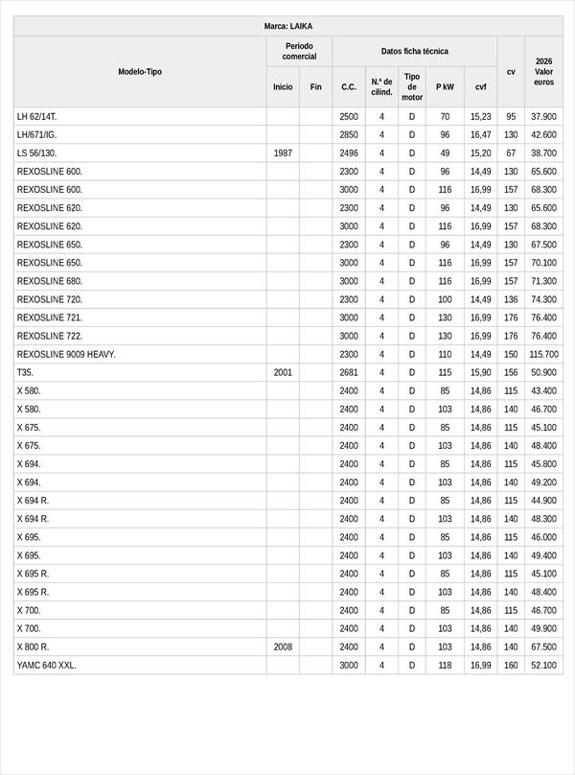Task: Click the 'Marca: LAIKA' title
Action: coord(287,26)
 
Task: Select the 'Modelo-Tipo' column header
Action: coord(140,72)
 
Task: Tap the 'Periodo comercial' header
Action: coord(299,51)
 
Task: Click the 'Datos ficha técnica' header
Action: coord(414,51)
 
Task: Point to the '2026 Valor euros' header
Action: coord(543,72)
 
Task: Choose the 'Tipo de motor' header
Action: coord(412,86)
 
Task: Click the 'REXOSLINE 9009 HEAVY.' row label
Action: coord(66,355)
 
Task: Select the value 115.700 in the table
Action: coord(543,355)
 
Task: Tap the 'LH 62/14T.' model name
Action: coord(37,117)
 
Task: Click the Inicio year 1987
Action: coord(283,153)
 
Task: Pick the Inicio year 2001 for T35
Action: coord(283,373)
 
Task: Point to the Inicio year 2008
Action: coord(283,647)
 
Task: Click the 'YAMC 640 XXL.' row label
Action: coord(46,666)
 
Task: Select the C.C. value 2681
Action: coord(349,373)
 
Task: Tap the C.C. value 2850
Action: coord(349,135)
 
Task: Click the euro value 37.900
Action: coord(543,117)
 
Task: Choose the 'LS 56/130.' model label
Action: coord(36,153)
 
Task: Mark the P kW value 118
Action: coord(445,666)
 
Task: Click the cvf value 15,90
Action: coord(480,373)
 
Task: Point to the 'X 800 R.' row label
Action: coord(34,647)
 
